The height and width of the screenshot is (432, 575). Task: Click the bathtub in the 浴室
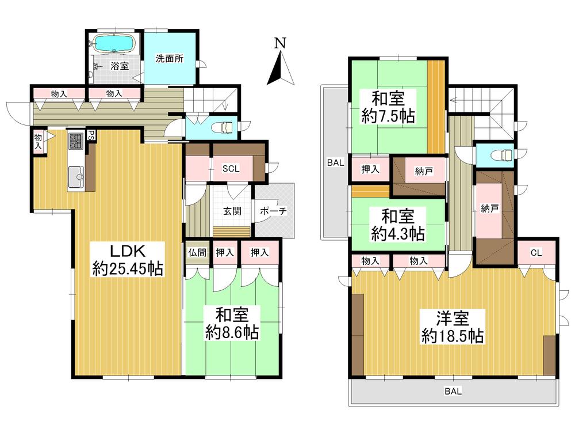114,43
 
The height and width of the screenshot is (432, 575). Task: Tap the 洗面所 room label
170,58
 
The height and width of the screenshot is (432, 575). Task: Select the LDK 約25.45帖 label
128,259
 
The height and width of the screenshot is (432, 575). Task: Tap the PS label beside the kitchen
91,136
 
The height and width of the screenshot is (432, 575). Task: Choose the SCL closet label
232,169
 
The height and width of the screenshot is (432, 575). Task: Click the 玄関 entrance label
232,211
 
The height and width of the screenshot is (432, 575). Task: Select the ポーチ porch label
273,211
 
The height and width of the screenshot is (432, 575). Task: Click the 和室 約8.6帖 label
232,323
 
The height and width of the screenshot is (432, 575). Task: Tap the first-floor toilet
221,127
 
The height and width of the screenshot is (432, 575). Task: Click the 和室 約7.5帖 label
388,106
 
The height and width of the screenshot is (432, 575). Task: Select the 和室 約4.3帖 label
397,225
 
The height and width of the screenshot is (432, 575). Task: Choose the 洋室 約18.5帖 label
452,327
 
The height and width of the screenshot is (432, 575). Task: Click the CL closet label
536,252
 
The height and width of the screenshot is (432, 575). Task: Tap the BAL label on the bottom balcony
452,392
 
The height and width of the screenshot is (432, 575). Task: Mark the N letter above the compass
280,43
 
